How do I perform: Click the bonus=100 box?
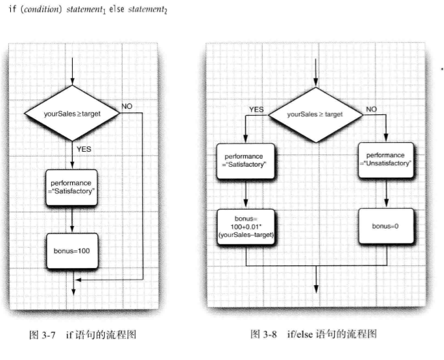pyautogui.click(x=72, y=251)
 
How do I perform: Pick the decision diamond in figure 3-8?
pyautogui.click(x=315, y=115)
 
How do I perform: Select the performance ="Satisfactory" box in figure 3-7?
pyautogui.click(x=72, y=187)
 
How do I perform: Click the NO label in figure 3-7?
pyautogui.click(x=128, y=106)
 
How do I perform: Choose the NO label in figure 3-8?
pyautogui.click(x=371, y=109)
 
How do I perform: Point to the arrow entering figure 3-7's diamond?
pyautogui.click(x=72, y=71)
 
